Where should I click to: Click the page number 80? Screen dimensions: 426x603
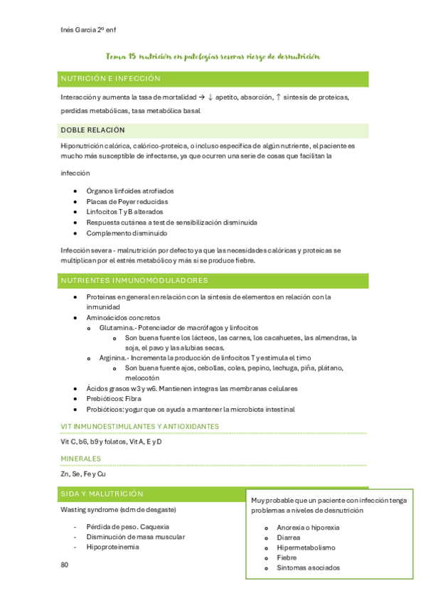[65, 565]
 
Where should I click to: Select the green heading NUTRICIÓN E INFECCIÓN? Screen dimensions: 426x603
[110, 78]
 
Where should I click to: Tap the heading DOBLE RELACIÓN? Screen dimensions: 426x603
[92, 130]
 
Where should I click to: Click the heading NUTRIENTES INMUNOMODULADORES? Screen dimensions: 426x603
[134, 280]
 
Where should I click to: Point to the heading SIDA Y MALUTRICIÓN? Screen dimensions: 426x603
[102, 493]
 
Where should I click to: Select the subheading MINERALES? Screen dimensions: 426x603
[80, 459]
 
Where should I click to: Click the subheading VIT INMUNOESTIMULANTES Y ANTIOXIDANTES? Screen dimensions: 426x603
[139, 426]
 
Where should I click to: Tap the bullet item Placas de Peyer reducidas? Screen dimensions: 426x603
[127, 201]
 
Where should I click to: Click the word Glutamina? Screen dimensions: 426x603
[117, 328]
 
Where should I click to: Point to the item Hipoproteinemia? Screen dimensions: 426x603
[112, 547]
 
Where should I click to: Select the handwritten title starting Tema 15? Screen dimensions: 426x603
[212, 55]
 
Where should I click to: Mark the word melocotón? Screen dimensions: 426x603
[145, 378]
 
